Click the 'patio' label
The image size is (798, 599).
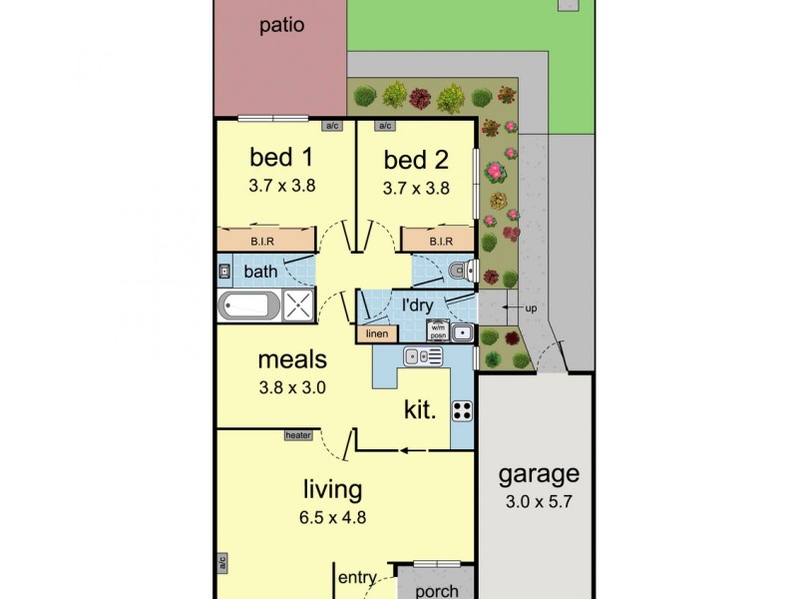click(281, 26)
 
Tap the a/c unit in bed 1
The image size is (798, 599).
click(331, 127)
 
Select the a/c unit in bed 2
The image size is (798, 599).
click(383, 127)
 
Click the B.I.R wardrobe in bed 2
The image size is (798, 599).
click(440, 241)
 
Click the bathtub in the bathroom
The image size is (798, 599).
click(247, 305)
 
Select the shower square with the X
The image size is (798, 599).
click(298, 305)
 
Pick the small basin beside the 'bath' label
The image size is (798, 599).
click(225, 271)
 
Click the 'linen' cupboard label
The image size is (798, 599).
click(376, 334)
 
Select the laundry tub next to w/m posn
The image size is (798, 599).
click(462, 332)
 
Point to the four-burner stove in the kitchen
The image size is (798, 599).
click(462, 410)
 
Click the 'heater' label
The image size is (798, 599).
click(298, 434)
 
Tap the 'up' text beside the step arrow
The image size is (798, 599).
click(531, 308)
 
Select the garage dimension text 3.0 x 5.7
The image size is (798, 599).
click(540, 503)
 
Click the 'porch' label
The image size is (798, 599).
click(436, 591)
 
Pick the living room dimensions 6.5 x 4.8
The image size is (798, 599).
click(332, 517)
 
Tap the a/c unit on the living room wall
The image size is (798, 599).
click(221, 563)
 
